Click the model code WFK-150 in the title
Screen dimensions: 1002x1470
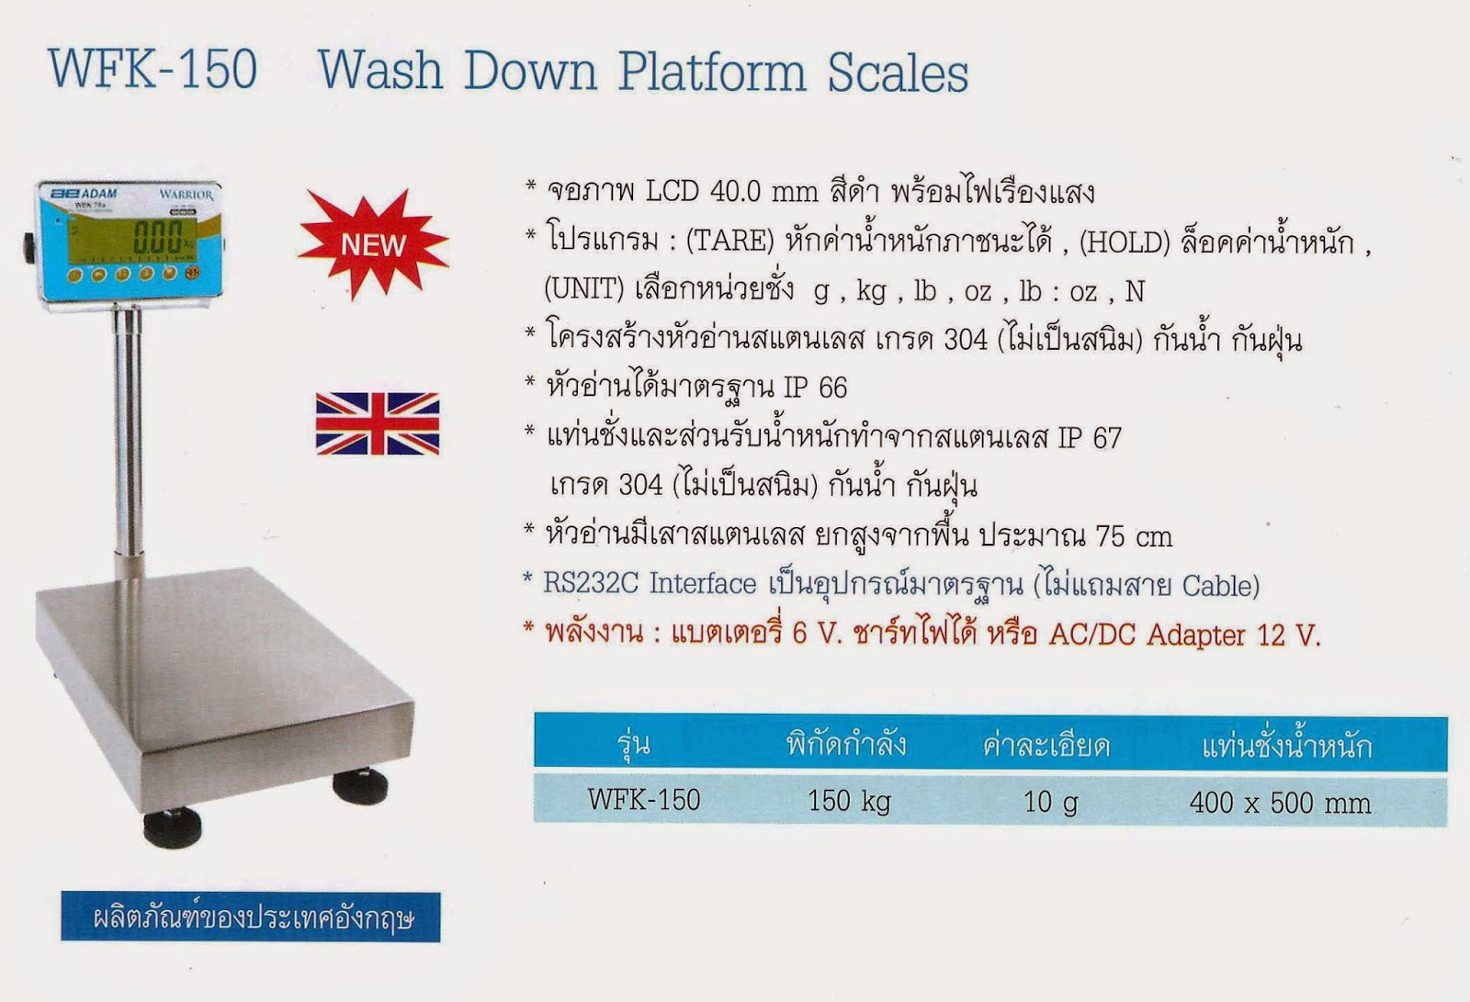153,70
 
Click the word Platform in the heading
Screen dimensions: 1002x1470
712,72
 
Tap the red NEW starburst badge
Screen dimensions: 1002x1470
373,244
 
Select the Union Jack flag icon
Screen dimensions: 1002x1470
378,423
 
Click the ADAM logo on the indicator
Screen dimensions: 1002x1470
85,195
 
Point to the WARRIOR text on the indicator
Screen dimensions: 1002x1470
186,195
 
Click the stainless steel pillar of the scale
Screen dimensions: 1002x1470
128,432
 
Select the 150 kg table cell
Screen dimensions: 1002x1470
849,801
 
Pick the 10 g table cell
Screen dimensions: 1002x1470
1050,802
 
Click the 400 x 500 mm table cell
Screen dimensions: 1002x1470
1279,803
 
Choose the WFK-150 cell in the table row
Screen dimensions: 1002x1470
643,799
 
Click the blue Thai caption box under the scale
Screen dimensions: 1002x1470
251,917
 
